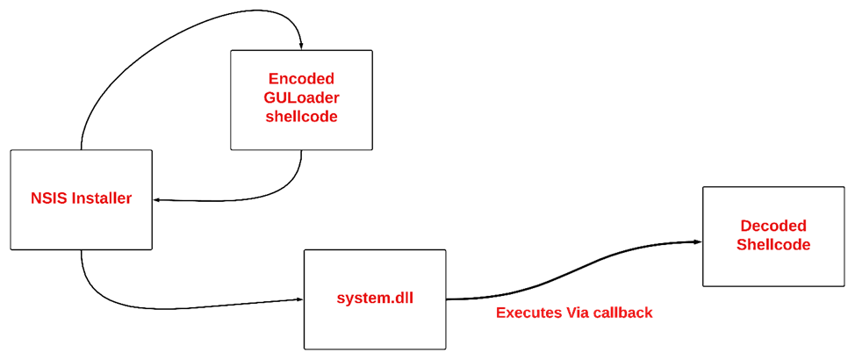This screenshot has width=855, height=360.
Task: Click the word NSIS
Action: coord(47,198)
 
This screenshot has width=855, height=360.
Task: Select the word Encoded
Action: coord(301,79)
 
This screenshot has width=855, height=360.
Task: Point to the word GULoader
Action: coord(301,97)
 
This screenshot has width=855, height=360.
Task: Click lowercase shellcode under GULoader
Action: coord(301,117)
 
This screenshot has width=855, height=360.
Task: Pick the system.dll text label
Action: coord(375,299)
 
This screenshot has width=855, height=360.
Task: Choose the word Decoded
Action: coord(773,226)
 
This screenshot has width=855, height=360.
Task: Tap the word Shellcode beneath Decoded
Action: coord(773,245)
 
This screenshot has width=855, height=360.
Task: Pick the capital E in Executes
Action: coord(501,313)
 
